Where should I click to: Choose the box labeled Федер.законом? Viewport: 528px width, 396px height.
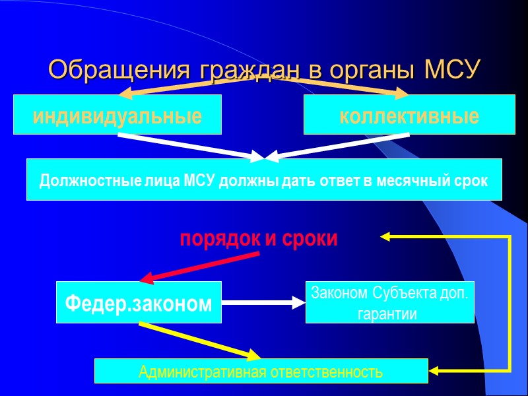pos(139,303)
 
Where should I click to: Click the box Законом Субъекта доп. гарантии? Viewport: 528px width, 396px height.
pos(389,302)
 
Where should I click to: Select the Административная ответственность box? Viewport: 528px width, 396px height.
pos(261,372)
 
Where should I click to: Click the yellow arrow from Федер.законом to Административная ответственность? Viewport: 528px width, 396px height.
pos(198,340)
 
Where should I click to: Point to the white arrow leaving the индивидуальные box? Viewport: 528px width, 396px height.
pos(191,147)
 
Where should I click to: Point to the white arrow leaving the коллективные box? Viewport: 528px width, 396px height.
pos(337,147)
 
